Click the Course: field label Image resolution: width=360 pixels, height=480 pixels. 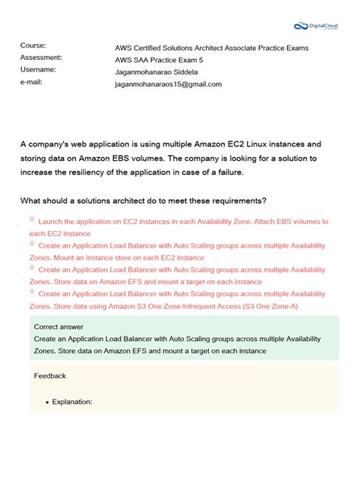point(33,46)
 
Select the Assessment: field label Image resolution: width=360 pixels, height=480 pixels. point(41,58)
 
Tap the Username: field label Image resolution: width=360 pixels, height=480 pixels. point(38,70)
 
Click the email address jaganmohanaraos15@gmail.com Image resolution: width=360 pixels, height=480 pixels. point(168,84)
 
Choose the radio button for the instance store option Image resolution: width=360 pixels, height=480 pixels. point(32,245)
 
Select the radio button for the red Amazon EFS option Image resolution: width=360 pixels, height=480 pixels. point(32,268)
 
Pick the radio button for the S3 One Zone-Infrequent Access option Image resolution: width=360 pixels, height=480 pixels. point(32,292)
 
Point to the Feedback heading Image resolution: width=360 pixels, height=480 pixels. point(50,376)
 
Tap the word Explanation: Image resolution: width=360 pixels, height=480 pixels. point(72,402)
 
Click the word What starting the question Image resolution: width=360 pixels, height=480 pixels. point(31,201)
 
